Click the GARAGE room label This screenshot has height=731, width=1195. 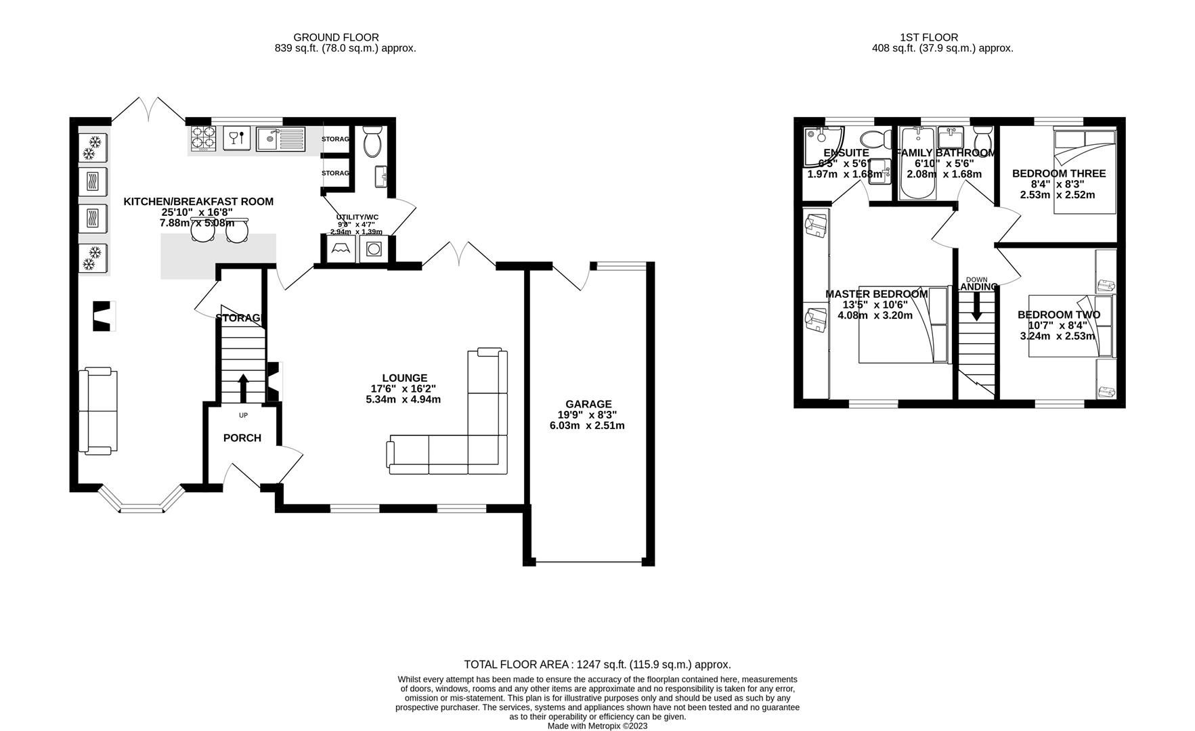point(588,404)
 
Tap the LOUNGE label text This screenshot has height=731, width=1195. point(404,378)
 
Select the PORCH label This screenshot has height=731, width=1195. point(242,438)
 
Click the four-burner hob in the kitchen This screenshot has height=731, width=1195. point(202,138)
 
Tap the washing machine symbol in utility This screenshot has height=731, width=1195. point(372,249)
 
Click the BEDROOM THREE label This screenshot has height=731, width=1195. point(1058,173)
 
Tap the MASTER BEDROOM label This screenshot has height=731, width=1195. point(876,294)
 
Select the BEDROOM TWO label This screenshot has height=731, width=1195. point(1058,314)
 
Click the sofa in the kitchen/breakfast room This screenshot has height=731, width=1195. point(96,411)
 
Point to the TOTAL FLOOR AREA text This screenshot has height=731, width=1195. point(596,665)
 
